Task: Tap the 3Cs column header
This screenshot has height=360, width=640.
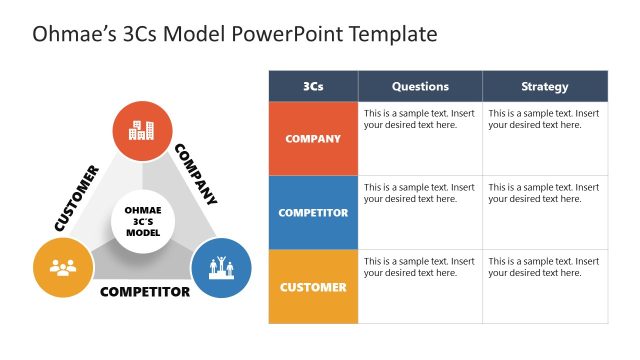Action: [x=313, y=86]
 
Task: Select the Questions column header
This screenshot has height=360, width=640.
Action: [x=420, y=86]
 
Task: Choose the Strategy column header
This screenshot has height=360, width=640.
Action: [x=545, y=86]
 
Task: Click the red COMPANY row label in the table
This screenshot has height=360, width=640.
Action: [x=313, y=139]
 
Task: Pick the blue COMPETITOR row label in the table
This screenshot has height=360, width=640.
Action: [x=313, y=213]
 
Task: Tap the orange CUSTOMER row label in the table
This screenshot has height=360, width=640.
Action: [x=313, y=287]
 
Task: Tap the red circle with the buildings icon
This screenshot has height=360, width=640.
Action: [x=142, y=130]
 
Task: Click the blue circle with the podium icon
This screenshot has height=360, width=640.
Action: [x=221, y=267]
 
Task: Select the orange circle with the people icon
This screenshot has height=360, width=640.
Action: [x=63, y=267]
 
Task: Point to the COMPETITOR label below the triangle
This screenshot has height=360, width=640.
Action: [x=145, y=293]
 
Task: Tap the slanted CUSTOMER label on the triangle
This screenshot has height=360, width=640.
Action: [x=76, y=198]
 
